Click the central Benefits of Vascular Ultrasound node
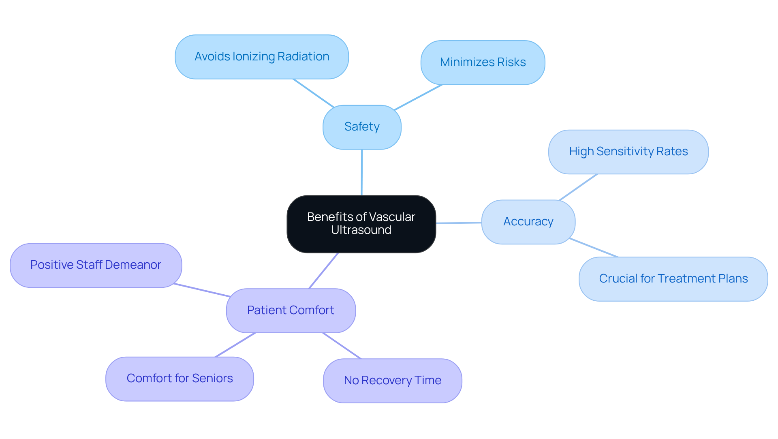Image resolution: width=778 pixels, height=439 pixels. (361, 224)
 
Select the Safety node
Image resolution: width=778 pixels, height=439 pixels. (362, 127)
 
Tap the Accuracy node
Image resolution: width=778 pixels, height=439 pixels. (528, 222)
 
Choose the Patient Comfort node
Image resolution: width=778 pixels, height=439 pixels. (291, 311)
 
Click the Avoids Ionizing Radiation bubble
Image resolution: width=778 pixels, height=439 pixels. (262, 57)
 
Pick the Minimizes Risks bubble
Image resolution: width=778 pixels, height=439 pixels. (483, 62)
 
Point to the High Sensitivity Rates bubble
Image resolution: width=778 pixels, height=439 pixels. (628, 152)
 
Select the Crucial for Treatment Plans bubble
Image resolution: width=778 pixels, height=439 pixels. (673, 279)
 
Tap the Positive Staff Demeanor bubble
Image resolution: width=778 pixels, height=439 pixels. (96, 265)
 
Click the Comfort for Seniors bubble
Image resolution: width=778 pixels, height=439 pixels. (180, 379)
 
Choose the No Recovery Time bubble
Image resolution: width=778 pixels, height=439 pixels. (392, 381)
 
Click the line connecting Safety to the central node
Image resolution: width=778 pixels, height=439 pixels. (362, 172)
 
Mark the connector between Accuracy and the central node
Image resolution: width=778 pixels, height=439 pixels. (459, 223)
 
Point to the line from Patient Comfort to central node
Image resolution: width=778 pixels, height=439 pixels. (323, 271)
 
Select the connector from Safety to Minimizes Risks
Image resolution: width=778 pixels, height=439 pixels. (418, 97)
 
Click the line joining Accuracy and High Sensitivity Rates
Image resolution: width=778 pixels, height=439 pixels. (578, 187)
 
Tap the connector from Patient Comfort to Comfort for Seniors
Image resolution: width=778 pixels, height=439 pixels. (235, 345)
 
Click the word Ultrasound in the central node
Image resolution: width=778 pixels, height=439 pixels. (361, 230)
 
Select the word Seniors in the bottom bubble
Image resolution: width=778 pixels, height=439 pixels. (212, 379)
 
